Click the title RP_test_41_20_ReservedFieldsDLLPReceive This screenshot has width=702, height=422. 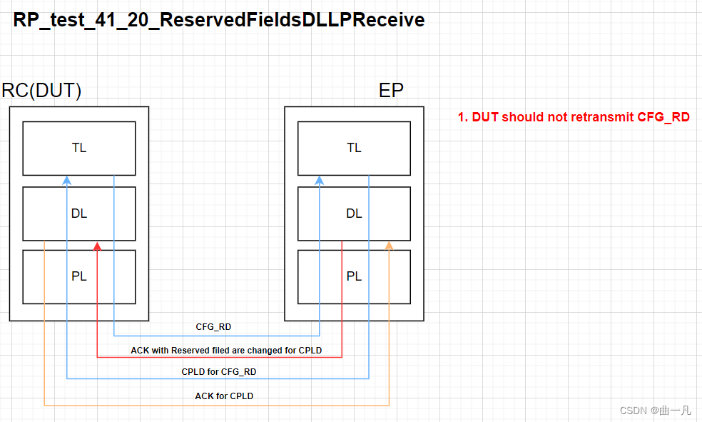pos(219,20)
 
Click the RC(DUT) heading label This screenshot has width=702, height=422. pos(42,91)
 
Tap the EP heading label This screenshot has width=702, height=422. pos(391,91)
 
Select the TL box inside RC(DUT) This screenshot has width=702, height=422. pos(79,148)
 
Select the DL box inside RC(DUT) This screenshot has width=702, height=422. pos(79,213)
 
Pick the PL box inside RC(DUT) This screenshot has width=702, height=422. pos(79,276)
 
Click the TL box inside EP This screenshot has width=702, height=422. pos(354,148)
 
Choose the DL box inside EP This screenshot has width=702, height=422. pos(354,213)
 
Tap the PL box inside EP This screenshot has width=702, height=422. pos(354,276)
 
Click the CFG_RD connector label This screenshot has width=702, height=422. pos(213,327)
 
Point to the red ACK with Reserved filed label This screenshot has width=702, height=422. pos(226,351)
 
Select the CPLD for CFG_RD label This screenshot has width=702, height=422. pos(219,372)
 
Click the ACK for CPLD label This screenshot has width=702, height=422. pos(224,396)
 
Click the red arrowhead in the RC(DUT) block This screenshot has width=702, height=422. pos(97,246)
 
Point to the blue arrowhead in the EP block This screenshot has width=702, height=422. pos(320,181)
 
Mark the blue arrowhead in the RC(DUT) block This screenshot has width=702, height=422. pos(66,181)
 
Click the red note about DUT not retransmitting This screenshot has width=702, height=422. pos(574,117)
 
